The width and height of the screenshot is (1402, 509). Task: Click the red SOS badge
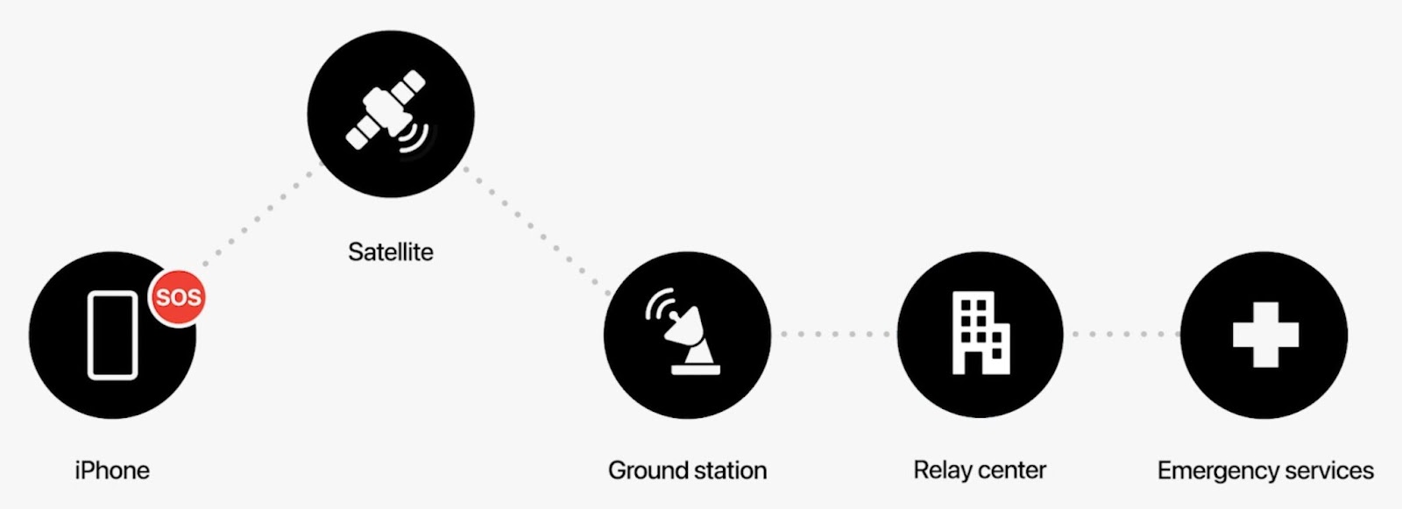pos(179,298)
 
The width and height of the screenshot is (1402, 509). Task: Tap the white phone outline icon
pos(112,335)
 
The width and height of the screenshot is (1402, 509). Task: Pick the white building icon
pos(980,334)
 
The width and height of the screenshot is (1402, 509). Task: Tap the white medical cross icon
pos(1265,335)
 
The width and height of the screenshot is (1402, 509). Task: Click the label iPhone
pos(112,470)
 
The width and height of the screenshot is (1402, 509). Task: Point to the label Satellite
pos(391,252)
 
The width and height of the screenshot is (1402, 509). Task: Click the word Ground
pos(648,470)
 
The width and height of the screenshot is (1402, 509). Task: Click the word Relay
pos(942,470)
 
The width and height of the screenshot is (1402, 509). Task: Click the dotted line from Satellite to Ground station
pos(536,230)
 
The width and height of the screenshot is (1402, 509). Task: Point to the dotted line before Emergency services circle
pos(1123,334)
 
